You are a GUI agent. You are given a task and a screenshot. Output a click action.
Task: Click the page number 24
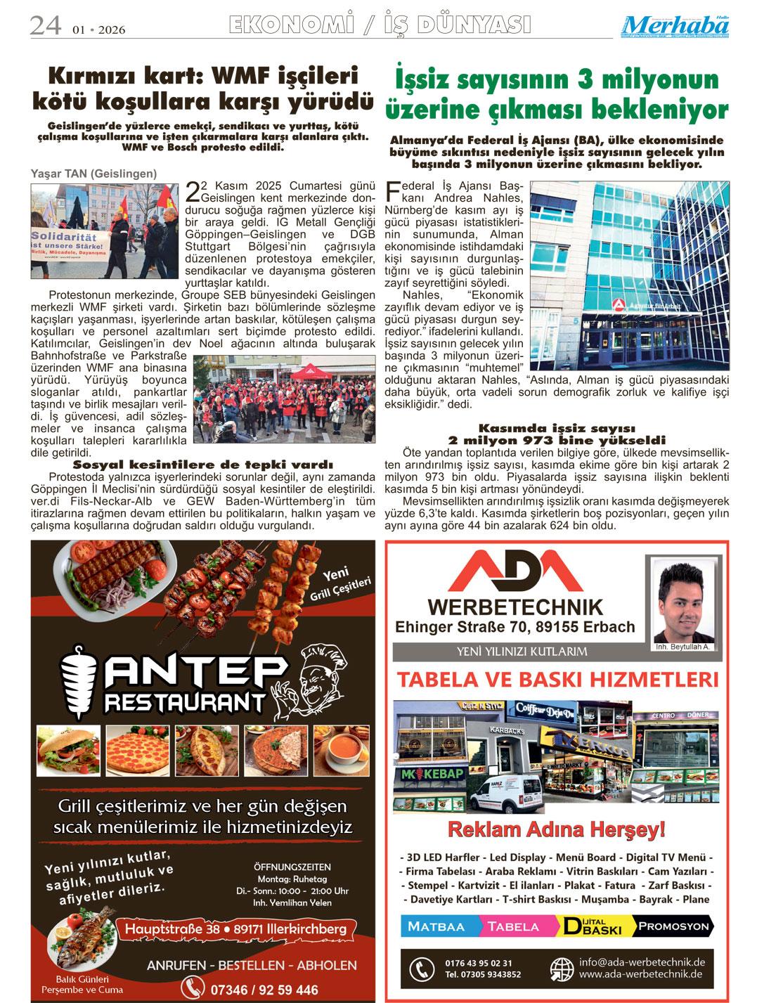(x=44, y=26)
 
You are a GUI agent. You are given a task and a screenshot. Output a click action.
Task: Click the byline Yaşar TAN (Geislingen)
(x=93, y=174)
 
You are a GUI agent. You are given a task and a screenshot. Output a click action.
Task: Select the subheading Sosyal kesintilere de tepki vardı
(x=202, y=465)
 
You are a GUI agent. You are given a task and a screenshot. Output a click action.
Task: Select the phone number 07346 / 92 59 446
(x=264, y=990)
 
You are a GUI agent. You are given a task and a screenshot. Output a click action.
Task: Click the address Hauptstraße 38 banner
(x=235, y=929)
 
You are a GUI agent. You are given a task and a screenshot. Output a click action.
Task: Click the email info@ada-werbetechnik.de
(x=642, y=962)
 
